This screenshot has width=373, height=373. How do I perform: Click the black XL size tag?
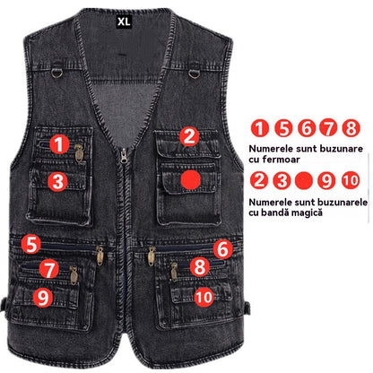point(124,22)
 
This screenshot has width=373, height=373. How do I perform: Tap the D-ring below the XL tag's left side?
point(56,73)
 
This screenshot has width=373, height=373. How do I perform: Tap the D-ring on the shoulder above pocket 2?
point(195,74)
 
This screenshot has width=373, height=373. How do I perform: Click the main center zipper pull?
point(124,155)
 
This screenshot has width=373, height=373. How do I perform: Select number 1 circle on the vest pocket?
point(59,144)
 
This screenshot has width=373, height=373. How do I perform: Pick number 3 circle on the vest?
point(57,181)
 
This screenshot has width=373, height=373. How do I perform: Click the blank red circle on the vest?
point(191,180)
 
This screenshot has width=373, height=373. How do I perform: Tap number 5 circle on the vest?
point(30,244)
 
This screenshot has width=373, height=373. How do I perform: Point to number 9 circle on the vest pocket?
point(43,298)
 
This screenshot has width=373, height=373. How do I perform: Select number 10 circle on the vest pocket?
point(204,297)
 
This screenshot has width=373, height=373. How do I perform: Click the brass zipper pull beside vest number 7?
point(74,275)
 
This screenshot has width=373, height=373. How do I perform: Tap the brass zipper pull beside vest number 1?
point(79,153)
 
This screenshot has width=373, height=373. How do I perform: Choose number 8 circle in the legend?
point(351,128)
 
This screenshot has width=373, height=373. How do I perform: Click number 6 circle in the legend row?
point(306,128)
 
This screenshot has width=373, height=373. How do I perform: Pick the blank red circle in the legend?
point(304,181)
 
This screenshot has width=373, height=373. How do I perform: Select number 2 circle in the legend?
point(259,181)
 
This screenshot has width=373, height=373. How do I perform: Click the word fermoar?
point(281,160)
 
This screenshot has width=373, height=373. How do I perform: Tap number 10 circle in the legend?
point(351,181)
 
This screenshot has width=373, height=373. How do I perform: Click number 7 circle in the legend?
point(328,128)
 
